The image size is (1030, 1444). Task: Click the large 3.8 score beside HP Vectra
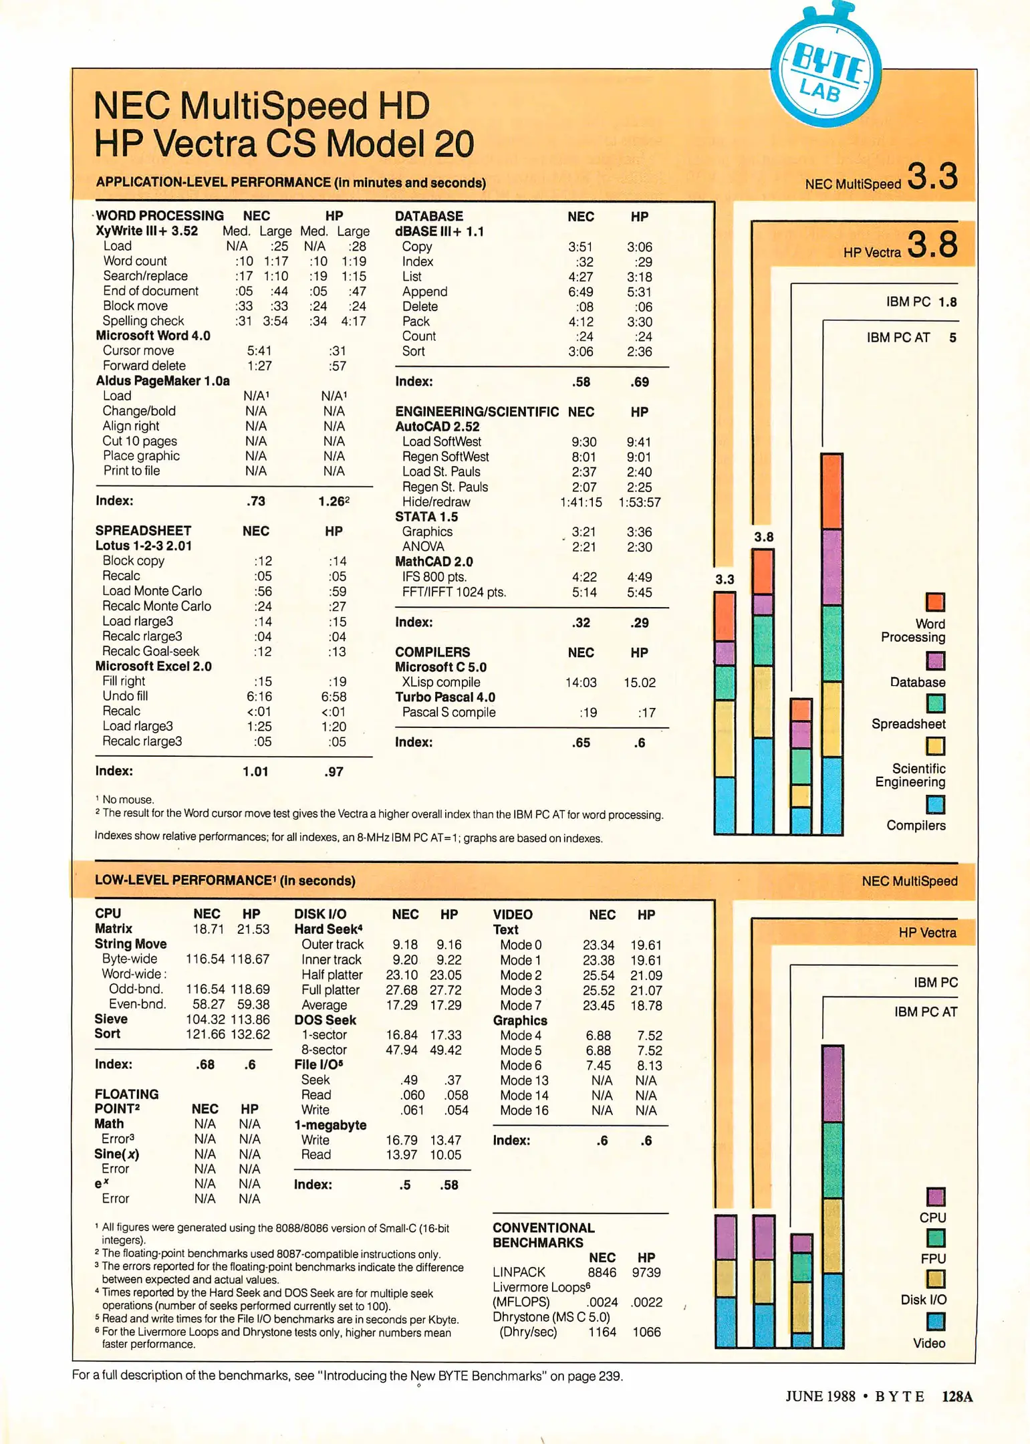tap(932, 245)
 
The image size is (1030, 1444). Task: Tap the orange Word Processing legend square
tap(935, 602)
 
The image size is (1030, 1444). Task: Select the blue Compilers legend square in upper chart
tap(935, 804)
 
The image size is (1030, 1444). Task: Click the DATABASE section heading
tap(428, 216)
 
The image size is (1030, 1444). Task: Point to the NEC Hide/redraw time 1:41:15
tap(580, 502)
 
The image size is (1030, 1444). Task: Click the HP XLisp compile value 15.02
tap(639, 683)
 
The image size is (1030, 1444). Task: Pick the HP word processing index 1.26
tap(332, 501)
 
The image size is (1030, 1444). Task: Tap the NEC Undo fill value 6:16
tap(259, 696)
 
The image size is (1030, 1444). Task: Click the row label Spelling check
tap(143, 321)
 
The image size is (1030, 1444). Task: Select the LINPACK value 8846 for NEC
tap(602, 1272)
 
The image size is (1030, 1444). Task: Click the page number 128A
tap(957, 1397)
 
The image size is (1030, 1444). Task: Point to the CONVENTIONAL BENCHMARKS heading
tap(543, 1235)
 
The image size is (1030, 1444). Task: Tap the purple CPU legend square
tap(936, 1196)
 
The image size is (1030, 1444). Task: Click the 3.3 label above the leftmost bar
tap(725, 579)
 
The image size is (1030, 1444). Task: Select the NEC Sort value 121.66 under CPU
tap(206, 1034)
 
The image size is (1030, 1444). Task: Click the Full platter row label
tap(330, 989)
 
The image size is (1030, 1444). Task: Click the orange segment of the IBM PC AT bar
tap(831, 491)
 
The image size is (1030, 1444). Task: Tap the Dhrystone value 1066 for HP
tap(646, 1332)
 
